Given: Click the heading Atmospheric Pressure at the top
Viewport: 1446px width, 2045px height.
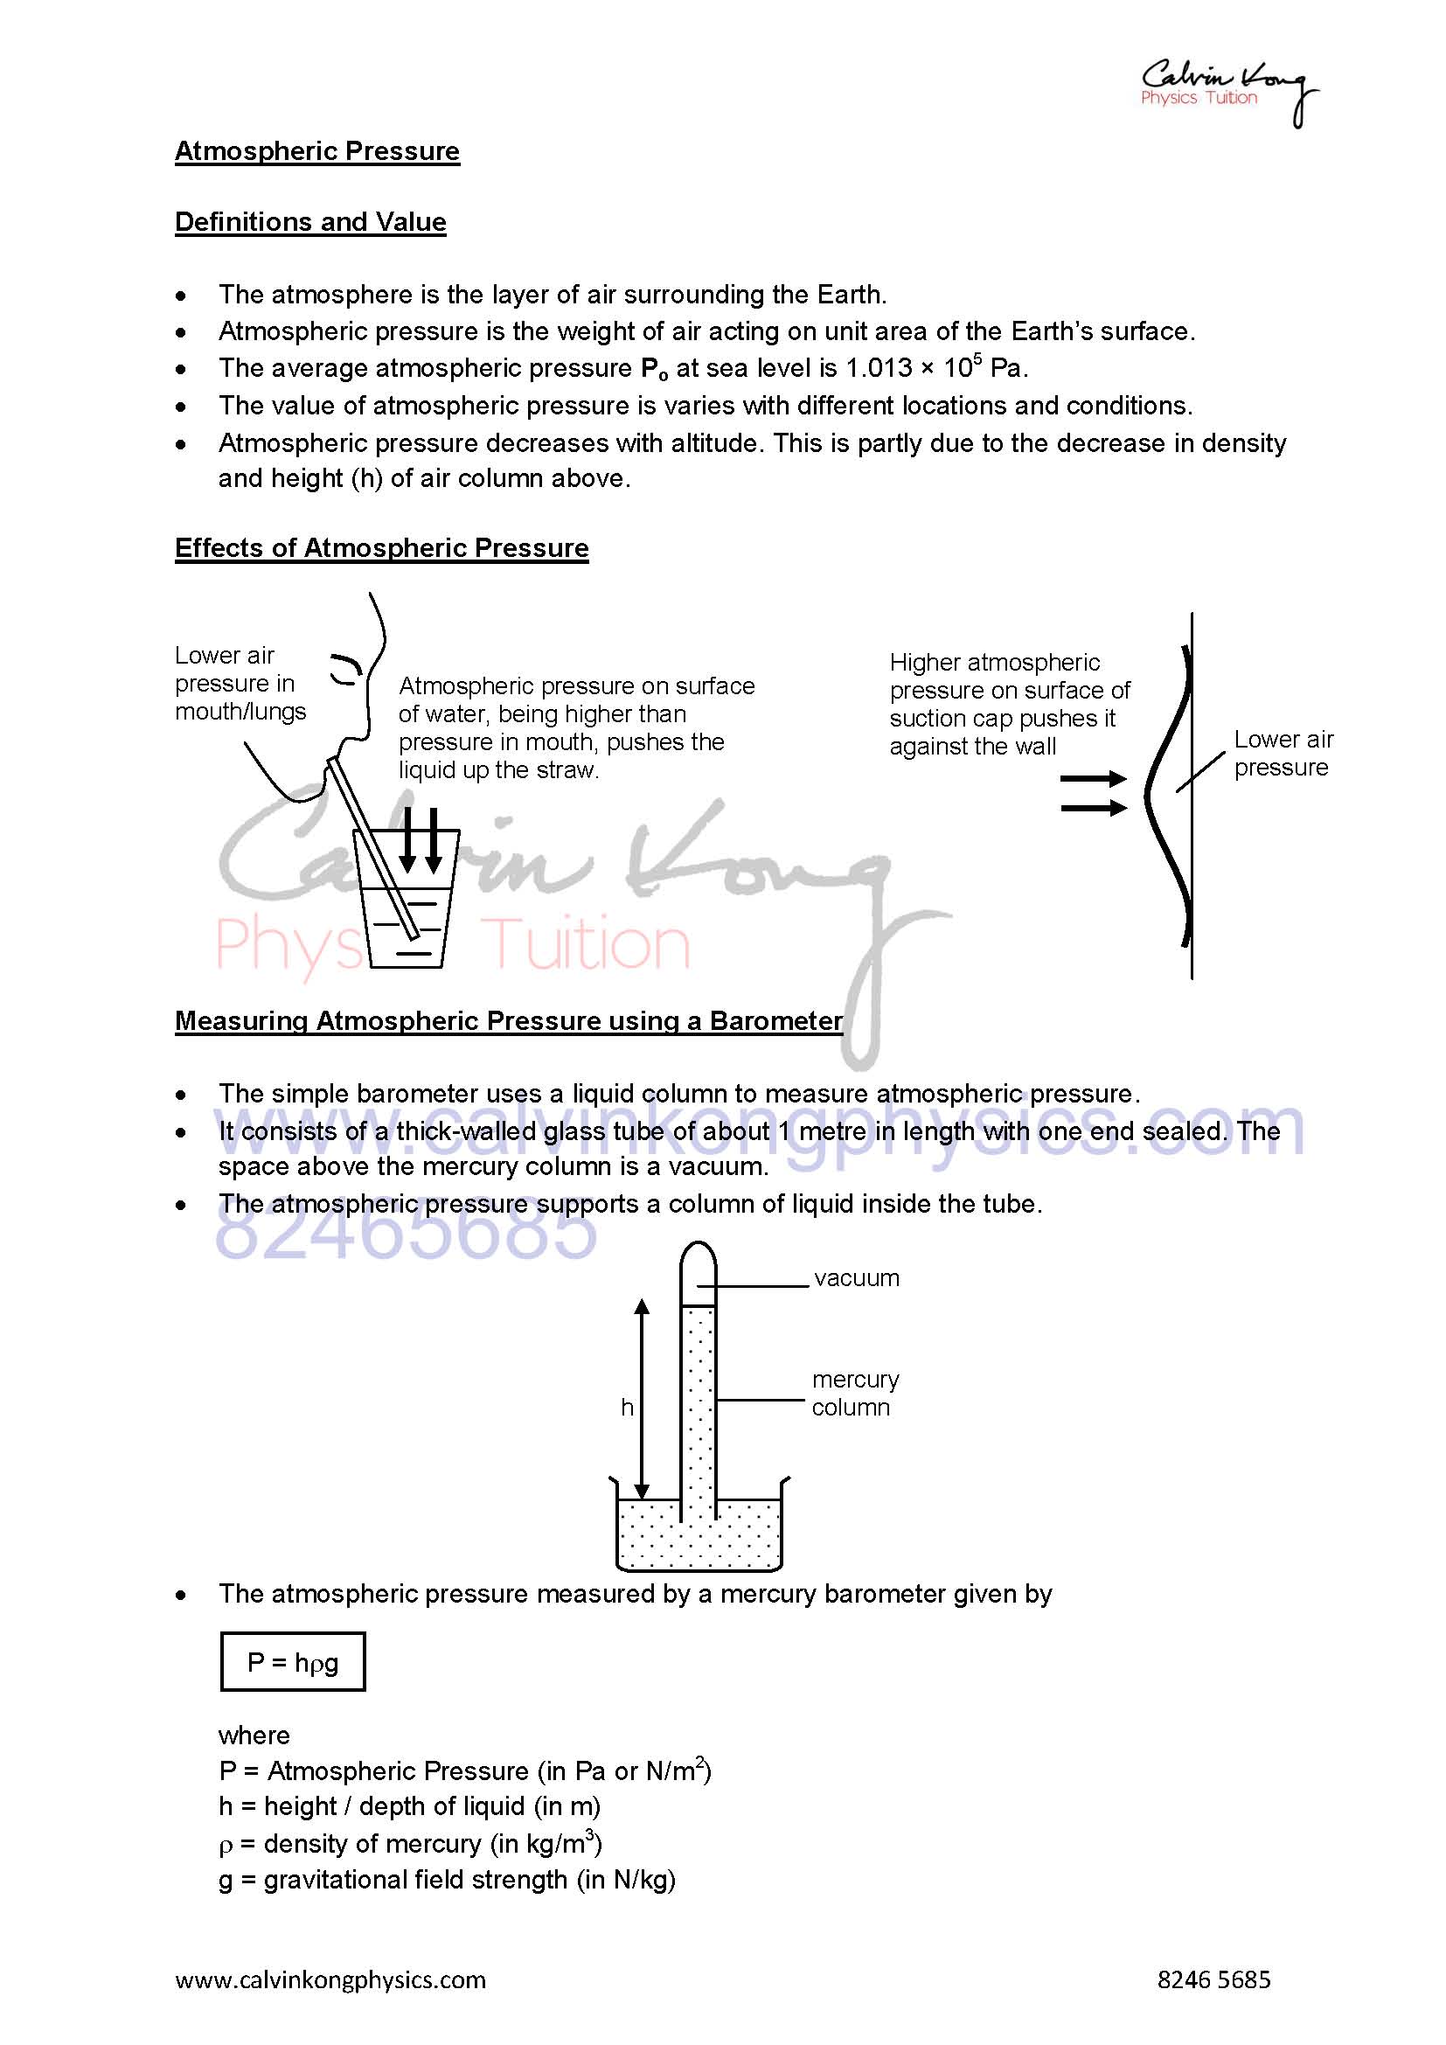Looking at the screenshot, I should (x=317, y=151).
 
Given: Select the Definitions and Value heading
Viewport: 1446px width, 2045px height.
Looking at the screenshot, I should (x=309, y=222).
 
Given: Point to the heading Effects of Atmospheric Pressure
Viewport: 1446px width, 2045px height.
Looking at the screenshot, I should (x=381, y=548).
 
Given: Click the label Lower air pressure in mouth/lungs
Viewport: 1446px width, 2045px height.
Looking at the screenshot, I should (x=240, y=683).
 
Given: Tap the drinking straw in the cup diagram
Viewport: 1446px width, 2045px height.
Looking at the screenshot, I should (x=374, y=847).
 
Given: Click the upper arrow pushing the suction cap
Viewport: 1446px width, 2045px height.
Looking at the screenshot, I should (x=1094, y=779).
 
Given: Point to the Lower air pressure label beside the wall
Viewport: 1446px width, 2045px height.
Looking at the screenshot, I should (x=1283, y=754).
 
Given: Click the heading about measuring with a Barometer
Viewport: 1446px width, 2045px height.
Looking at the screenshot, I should (x=509, y=1020).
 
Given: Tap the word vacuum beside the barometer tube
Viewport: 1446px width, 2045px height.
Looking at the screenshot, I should (x=856, y=1278).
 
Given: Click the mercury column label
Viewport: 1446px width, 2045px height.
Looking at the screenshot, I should (x=854, y=1393).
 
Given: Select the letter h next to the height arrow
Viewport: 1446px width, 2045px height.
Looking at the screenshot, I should (x=627, y=1408).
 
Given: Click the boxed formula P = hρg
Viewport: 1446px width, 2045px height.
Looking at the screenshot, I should (x=293, y=1662).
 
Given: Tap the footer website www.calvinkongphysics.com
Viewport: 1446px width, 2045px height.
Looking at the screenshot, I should (x=330, y=1980).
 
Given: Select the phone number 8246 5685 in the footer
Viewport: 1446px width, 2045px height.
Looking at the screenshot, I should (x=1213, y=1980).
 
